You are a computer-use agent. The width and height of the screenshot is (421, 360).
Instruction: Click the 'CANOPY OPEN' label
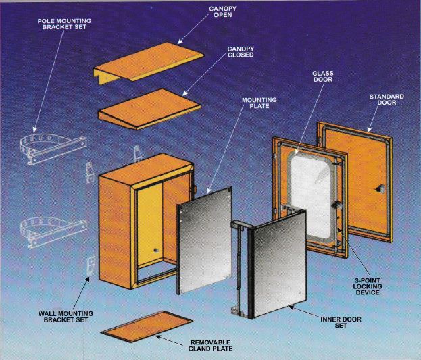click(222, 11)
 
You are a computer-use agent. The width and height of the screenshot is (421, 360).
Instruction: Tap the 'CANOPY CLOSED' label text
click(241, 52)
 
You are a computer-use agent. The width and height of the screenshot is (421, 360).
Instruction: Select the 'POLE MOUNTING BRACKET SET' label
click(64, 24)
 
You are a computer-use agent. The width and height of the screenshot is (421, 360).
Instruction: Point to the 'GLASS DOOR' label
click(323, 76)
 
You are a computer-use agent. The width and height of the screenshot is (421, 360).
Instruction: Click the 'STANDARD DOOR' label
click(387, 99)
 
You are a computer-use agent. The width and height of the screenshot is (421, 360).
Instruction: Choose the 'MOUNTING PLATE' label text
click(259, 103)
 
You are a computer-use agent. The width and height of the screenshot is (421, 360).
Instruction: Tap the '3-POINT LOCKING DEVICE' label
click(368, 286)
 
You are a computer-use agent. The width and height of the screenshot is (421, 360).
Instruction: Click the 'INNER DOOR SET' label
click(341, 322)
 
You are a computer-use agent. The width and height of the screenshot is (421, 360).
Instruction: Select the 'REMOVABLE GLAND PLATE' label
click(210, 346)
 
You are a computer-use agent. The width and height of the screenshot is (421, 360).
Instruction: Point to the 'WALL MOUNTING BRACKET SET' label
click(66, 317)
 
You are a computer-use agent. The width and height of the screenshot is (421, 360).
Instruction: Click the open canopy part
click(148, 63)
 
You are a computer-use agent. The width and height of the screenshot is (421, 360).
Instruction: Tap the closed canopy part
click(149, 109)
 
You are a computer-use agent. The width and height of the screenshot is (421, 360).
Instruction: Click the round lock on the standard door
click(380, 188)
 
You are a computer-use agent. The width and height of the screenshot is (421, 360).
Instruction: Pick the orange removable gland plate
click(147, 326)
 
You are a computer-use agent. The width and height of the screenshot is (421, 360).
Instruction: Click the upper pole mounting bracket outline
click(53, 149)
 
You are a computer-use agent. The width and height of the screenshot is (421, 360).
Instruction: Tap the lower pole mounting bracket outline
click(53, 232)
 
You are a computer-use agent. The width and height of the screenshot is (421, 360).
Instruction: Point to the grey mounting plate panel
click(205, 240)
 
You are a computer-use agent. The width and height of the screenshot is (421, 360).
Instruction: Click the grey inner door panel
click(279, 265)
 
